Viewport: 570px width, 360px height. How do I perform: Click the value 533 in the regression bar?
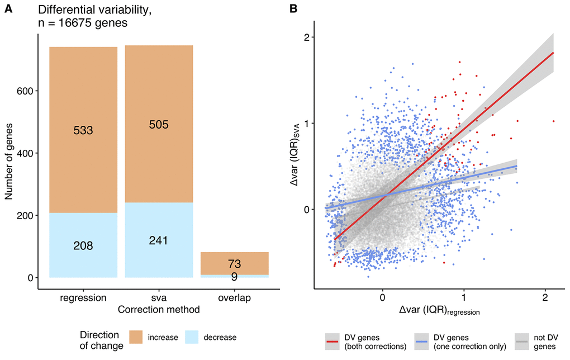[x=83, y=130]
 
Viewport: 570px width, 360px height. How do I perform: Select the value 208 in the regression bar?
[x=83, y=245]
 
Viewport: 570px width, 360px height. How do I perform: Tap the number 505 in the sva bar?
[x=159, y=124]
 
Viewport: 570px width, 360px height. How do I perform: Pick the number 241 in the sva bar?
[x=159, y=240]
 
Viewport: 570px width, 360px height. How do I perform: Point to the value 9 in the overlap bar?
[x=235, y=276]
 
